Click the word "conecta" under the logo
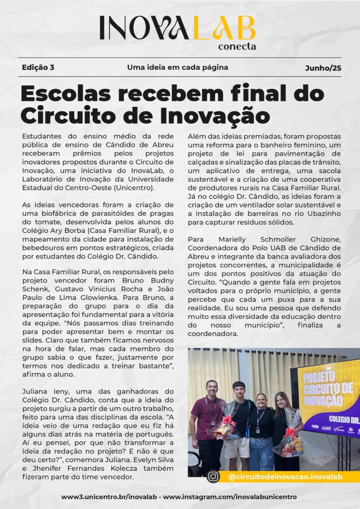tap(237, 46)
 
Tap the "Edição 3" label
tap(38, 67)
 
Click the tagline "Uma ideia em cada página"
tap(177, 67)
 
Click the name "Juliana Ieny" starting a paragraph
tap(44, 391)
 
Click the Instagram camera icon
tap(213, 476)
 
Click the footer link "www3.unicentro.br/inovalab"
tap(110, 497)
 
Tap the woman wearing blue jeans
tap(261, 432)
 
